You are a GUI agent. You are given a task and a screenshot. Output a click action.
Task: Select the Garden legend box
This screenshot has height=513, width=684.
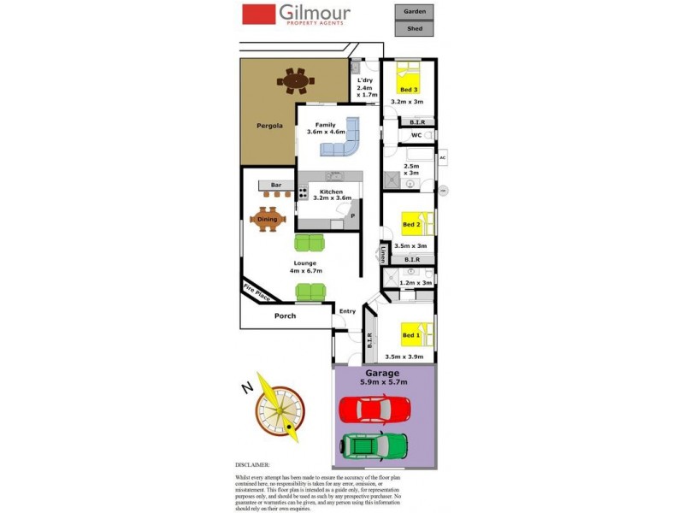pos(414,12)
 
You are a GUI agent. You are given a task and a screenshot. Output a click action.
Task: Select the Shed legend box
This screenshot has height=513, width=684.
pos(414,28)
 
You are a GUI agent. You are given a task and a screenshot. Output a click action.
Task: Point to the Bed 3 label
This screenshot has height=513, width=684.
pos(409,90)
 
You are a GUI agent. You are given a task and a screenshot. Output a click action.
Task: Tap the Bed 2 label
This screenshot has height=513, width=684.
pos(410,225)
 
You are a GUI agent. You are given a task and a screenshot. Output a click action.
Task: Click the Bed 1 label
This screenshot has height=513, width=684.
pos(410,334)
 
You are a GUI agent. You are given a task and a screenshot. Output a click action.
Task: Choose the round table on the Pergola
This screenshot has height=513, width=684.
pos(296,81)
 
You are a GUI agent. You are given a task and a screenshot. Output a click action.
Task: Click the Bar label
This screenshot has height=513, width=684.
pos(276,186)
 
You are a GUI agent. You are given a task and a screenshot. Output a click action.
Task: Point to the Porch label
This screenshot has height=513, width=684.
pos(285,315)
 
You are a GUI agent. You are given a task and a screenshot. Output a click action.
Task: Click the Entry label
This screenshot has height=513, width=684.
pos(347,311)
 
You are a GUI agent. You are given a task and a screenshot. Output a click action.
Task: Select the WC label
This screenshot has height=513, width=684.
pos(416,135)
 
